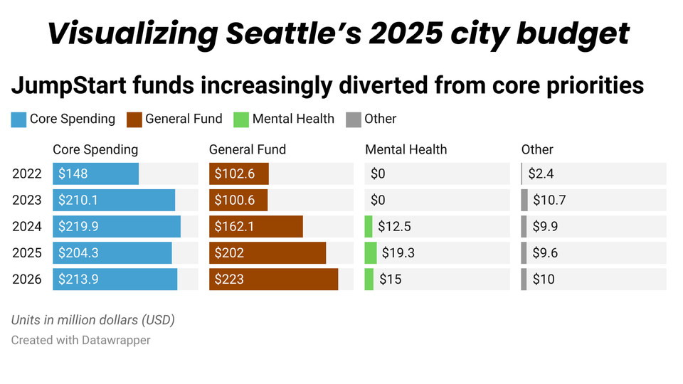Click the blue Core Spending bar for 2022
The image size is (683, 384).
pyautogui.click(x=96, y=174)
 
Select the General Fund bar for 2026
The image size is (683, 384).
pyautogui.click(x=273, y=279)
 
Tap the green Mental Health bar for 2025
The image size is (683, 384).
pyautogui.click(x=371, y=252)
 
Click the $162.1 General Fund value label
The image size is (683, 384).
pyautogui.click(x=235, y=226)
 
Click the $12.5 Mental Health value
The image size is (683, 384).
pyautogui.click(x=394, y=226)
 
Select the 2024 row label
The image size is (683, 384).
pyautogui.click(x=27, y=226)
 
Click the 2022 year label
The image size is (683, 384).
pyautogui.click(x=27, y=174)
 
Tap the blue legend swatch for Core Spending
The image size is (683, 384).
pyautogui.click(x=18, y=119)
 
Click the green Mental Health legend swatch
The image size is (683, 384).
pyautogui.click(x=241, y=119)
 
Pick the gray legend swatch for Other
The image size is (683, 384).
pyautogui.click(x=353, y=119)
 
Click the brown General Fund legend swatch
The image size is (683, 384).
pyautogui.click(x=134, y=119)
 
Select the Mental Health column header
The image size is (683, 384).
pyautogui.click(x=406, y=149)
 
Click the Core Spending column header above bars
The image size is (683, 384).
pyautogui.click(x=95, y=149)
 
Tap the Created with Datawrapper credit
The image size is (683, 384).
pyautogui.click(x=80, y=340)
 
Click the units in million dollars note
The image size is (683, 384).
pyautogui.click(x=92, y=320)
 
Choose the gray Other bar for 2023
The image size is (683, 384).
pyautogui.click(x=524, y=200)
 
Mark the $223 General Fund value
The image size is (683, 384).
pyautogui.click(x=229, y=279)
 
